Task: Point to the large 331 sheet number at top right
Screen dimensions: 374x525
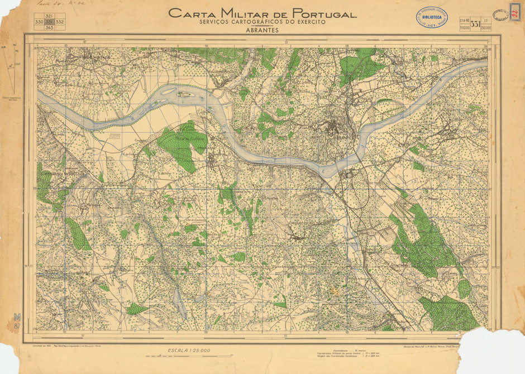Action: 475,24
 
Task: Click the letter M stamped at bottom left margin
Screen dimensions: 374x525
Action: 17,317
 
